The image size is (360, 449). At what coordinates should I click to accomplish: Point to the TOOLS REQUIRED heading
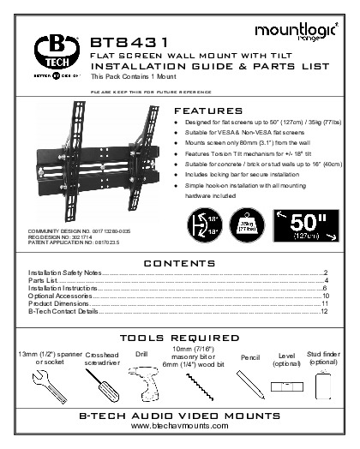[x=179, y=338]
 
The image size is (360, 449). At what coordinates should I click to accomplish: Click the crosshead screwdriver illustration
[x=102, y=384]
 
